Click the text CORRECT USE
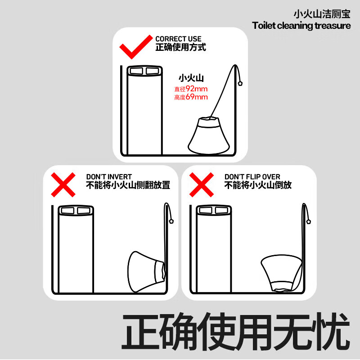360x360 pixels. [178, 39]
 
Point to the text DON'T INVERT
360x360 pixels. [109, 177]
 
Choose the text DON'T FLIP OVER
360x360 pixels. [252, 177]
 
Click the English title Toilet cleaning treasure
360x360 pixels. [301, 26]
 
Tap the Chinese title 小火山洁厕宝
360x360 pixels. [325, 13]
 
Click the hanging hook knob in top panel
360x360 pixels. [240, 83]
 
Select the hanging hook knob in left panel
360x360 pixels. [171, 221]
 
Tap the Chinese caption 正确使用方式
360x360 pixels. [180, 47]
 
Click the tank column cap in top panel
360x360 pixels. [144, 71]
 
